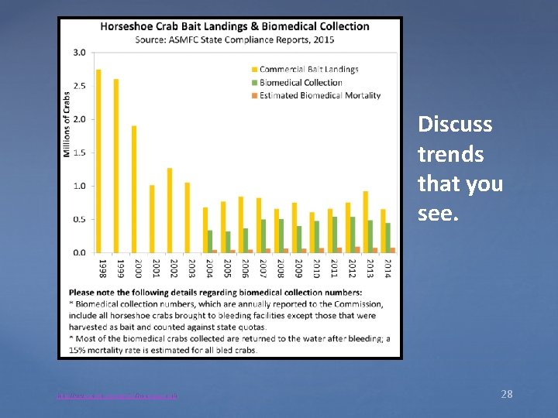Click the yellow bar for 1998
click(98, 161)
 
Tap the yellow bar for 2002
click(170, 210)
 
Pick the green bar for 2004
click(210, 241)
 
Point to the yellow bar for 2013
click(366, 221)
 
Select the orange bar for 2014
click(392, 250)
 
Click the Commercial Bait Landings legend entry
click(308, 69)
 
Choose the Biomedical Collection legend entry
click(301, 82)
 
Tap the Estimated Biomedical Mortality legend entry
click(319, 95)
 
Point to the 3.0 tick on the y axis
click(80, 53)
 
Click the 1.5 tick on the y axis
click(80, 152)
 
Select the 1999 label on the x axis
click(120, 269)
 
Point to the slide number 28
click(506, 395)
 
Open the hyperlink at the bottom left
click(118, 396)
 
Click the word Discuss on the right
click(455, 124)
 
